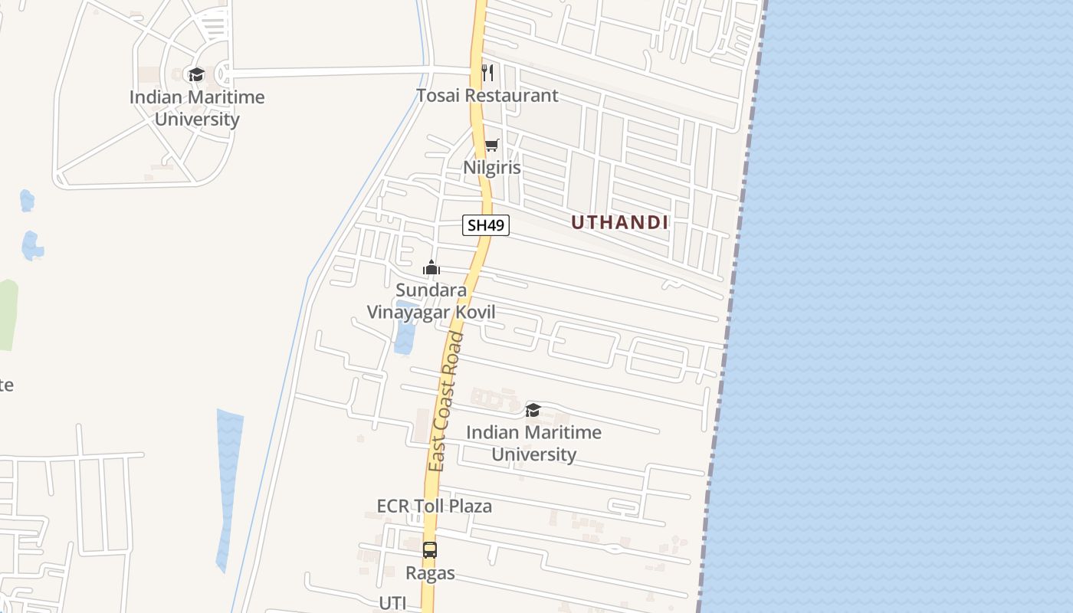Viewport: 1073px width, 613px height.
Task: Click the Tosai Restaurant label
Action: click(x=487, y=96)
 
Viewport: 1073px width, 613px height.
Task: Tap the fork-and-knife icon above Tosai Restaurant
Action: click(x=487, y=73)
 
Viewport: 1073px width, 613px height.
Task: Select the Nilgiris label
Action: click(x=491, y=167)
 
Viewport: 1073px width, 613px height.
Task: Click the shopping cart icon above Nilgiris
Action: click(x=491, y=146)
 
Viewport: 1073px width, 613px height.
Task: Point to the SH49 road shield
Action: click(x=486, y=225)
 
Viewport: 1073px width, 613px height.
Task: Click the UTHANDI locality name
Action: click(x=620, y=222)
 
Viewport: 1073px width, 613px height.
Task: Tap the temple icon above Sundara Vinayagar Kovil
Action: click(x=431, y=268)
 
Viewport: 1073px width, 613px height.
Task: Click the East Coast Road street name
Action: click(x=447, y=402)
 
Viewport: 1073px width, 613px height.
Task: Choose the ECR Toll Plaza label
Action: click(x=434, y=506)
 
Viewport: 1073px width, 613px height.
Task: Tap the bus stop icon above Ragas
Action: click(x=430, y=549)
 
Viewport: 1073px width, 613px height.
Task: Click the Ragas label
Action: click(x=430, y=572)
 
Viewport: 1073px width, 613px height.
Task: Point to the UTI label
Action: click(x=392, y=602)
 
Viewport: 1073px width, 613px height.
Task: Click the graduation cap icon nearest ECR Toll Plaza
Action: click(x=533, y=411)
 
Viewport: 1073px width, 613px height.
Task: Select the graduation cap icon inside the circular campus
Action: click(x=197, y=74)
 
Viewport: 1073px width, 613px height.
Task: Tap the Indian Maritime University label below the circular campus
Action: click(x=197, y=108)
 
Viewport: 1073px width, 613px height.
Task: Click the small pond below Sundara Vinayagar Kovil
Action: click(x=405, y=329)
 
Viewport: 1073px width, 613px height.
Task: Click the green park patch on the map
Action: click(x=8, y=314)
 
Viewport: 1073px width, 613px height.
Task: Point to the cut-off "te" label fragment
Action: click(x=6, y=385)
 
